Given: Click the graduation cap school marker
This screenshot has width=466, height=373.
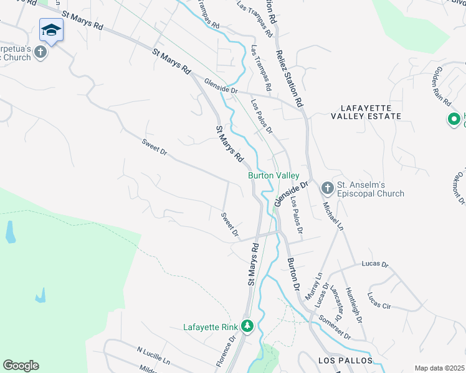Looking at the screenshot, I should click(52, 29).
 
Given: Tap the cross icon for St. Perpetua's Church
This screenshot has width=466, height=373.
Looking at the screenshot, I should click(41, 52).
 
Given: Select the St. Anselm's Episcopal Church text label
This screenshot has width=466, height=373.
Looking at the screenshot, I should click(370, 189).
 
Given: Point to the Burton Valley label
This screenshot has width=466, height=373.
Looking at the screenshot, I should click(274, 176).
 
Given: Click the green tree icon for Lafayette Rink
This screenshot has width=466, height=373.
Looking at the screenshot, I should click(247, 326).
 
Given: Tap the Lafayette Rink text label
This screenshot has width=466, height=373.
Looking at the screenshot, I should click(211, 327).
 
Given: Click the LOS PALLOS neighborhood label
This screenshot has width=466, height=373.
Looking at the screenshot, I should click(345, 361).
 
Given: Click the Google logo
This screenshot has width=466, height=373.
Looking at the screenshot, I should click(21, 366).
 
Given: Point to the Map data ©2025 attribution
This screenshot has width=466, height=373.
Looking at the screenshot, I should click(439, 368).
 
